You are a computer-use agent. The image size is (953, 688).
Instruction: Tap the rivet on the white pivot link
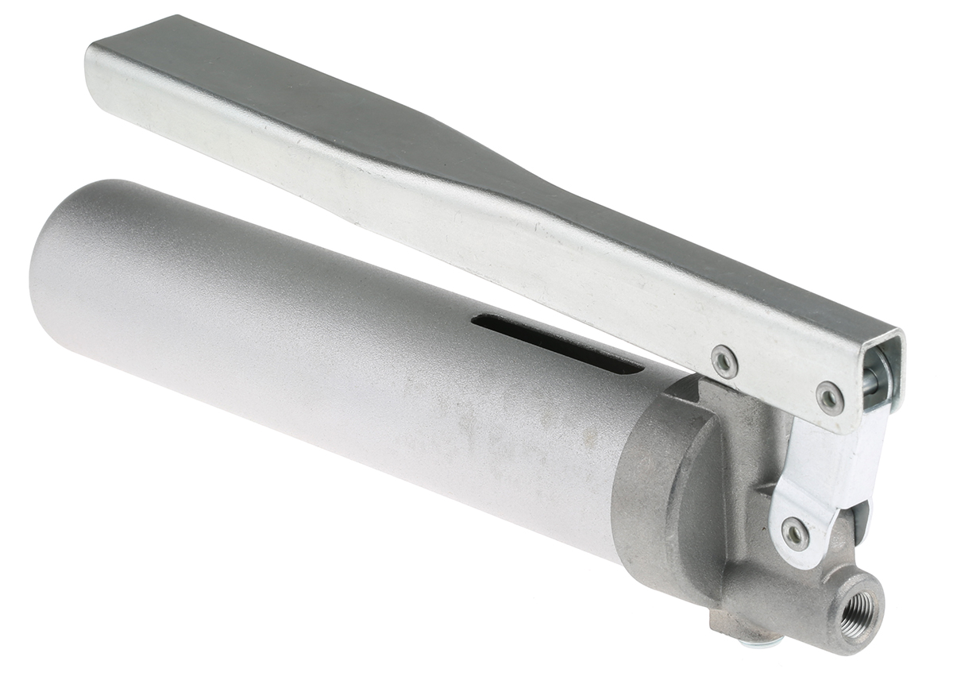(794, 532)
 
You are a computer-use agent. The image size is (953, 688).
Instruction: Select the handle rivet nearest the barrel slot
(723, 361)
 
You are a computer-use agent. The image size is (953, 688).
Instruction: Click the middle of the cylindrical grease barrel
(334, 350)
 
